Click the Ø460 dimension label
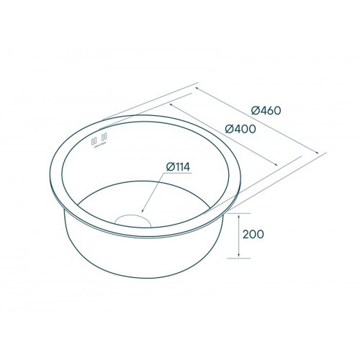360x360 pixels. [x=266, y=111]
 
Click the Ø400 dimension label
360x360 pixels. [x=240, y=130]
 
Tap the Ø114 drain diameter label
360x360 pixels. [x=178, y=167]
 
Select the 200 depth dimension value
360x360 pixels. [x=253, y=234]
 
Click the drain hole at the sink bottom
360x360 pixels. [x=133, y=220]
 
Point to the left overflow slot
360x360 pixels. [x=95, y=140]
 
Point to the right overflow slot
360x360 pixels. [x=104, y=137]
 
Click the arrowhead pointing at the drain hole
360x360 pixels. [x=143, y=211]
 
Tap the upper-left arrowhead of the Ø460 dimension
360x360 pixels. [x=197, y=89]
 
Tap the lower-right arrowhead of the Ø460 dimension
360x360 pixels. [x=318, y=153]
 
